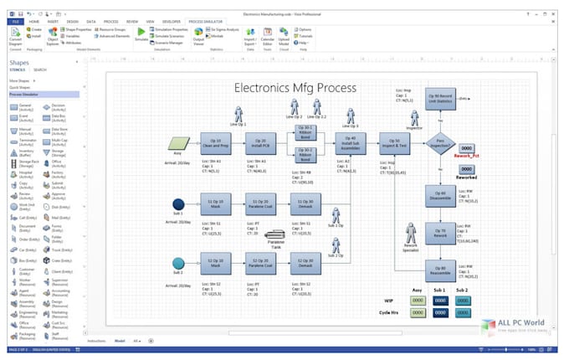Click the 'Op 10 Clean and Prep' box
tap(215, 143)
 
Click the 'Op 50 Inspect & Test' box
tap(394, 143)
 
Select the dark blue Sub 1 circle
tap(178, 204)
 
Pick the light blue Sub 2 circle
tap(178, 264)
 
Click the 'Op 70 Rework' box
tap(439, 233)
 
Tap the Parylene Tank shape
tap(275, 236)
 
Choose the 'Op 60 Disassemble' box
tap(439, 193)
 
